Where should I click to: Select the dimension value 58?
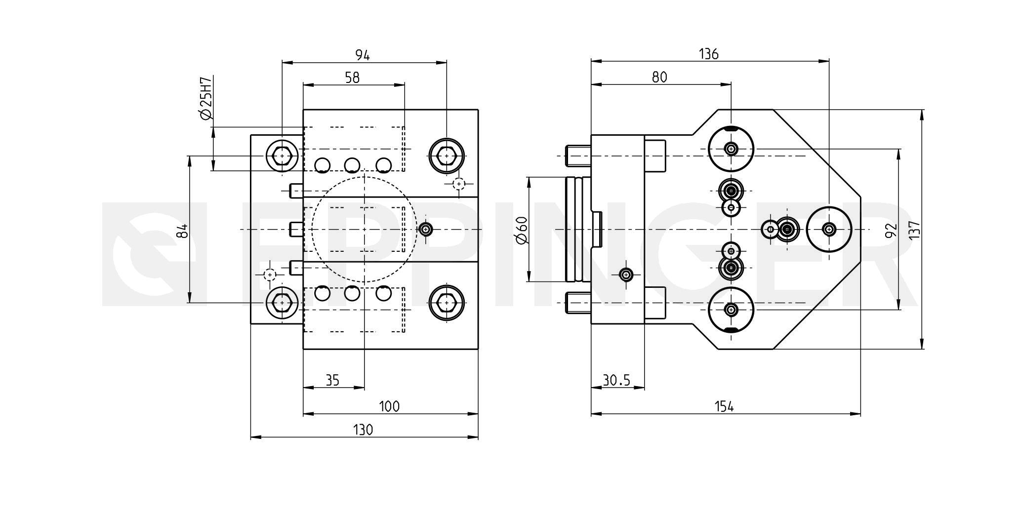[352, 78]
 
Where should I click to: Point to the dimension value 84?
[183, 230]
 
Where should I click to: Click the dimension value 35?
[333, 380]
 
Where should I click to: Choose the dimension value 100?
[389, 406]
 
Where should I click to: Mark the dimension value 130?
[363, 430]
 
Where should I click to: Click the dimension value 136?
[708, 54]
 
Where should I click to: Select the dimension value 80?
[659, 77]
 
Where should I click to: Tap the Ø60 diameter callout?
[522, 230]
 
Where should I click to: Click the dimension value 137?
[915, 230]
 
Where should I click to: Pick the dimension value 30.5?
[617, 380]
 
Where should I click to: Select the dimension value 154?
[724, 406]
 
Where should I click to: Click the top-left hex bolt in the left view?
[282, 156]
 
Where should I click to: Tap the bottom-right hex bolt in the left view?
[446, 302]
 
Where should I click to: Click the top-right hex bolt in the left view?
[446, 156]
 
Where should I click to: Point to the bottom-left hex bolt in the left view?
[282, 302]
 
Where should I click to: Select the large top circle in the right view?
[731, 148]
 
